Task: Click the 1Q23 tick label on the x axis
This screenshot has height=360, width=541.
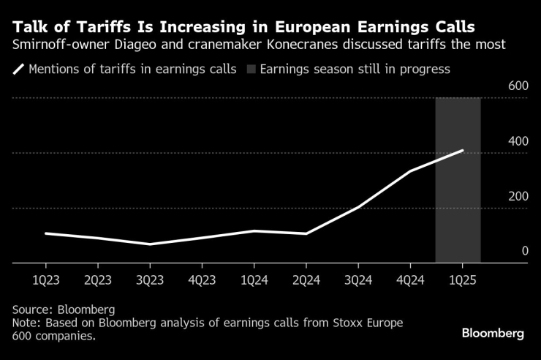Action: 45,280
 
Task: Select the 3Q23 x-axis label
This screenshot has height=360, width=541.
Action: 150,280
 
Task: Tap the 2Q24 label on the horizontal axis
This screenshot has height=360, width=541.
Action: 306,280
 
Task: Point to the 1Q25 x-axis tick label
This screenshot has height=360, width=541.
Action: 461,280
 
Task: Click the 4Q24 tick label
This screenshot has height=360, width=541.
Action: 409,280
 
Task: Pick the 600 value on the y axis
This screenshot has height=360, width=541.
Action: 518,86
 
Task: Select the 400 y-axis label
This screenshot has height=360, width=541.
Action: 518,141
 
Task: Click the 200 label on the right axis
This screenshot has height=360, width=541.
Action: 518,196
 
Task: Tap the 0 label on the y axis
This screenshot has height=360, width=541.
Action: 524,251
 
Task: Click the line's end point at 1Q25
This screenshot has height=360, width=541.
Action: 462,151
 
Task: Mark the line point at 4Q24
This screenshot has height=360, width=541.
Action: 410,171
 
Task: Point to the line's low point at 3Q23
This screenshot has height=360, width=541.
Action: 150,244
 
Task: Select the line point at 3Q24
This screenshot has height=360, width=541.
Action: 357,208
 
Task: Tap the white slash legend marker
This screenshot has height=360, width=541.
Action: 18,70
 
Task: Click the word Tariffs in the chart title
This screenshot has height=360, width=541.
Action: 88,27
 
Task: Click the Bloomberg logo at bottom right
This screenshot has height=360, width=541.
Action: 492,333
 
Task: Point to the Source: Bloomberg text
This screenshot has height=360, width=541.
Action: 64,310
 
